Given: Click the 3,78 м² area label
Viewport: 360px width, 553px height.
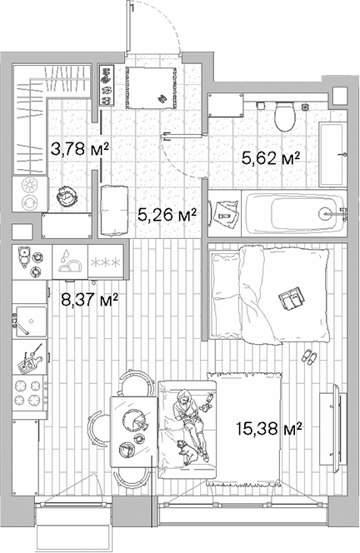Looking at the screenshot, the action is [x=79, y=149].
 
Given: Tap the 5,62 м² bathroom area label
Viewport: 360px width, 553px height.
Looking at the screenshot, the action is [x=271, y=157].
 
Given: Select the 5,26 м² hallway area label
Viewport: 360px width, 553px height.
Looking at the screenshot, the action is [x=167, y=214].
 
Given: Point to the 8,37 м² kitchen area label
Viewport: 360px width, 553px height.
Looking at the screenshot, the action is [x=89, y=300].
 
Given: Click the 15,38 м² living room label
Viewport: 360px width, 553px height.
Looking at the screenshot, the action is [x=269, y=429].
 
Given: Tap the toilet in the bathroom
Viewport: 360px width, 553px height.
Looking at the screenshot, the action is [x=285, y=117].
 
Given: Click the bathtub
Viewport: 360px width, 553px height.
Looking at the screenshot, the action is [x=295, y=212].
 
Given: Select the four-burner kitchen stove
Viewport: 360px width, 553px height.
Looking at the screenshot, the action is [x=30, y=392].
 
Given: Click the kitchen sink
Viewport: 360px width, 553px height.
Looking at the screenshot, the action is [x=31, y=321].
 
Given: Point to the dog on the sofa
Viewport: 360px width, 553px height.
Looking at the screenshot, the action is [x=187, y=451].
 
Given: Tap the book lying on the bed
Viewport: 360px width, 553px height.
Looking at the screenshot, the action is [x=292, y=298].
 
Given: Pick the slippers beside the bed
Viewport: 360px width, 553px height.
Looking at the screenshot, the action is [x=309, y=356].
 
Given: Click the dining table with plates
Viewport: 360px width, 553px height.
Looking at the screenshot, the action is [x=133, y=431].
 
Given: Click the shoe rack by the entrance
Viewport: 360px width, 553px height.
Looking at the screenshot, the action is [x=107, y=85].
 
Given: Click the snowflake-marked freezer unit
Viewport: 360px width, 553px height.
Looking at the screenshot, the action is [x=106, y=262].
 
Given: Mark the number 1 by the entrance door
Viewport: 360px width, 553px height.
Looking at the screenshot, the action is [x=132, y=7].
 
